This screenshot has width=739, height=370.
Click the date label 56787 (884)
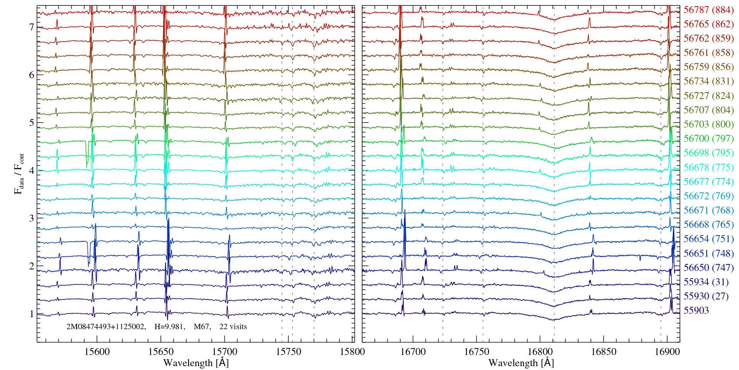coord(709,10)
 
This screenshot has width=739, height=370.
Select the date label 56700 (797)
coord(709,139)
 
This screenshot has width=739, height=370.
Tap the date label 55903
coord(696,311)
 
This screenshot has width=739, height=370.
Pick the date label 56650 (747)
coord(709,268)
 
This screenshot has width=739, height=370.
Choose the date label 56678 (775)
coord(709,168)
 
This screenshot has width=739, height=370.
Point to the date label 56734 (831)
coord(709,81)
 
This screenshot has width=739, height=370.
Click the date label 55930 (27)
coord(706,296)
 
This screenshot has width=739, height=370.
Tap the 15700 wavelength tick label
coord(225,351)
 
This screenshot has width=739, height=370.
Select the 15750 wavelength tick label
coord(289,351)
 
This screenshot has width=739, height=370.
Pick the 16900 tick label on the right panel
coord(667,351)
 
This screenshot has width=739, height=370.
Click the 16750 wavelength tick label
coord(477,351)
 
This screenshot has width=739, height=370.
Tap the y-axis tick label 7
coord(32,27)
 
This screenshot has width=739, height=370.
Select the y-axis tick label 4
coord(32,171)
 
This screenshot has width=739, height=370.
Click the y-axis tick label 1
coord(32,314)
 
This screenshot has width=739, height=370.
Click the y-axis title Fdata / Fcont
coord(19,173)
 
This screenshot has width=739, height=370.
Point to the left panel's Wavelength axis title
coord(196,363)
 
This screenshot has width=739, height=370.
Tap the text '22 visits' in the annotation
coord(233,327)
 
